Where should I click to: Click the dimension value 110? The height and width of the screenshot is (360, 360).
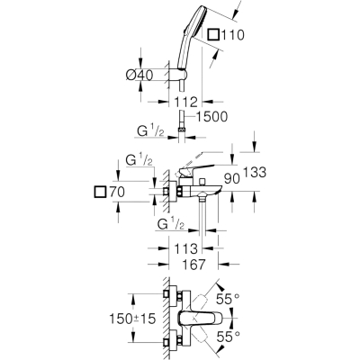pyautogui.click(x=233, y=35)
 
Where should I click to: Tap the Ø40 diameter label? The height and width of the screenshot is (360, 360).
pyautogui.click(x=139, y=75)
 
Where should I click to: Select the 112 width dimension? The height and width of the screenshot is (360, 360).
pyautogui.click(x=185, y=102)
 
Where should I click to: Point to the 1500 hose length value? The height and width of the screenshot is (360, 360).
pyautogui.click(x=211, y=117)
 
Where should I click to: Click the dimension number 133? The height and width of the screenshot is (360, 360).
pyautogui.click(x=255, y=172)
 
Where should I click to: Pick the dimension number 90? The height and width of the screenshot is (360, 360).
pyautogui.click(x=232, y=179)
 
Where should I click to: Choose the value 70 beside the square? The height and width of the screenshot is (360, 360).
pyautogui.click(x=116, y=192)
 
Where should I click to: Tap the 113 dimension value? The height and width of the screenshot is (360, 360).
pyautogui.click(x=185, y=248)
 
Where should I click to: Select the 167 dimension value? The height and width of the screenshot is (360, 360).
pyautogui.click(x=193, y=265)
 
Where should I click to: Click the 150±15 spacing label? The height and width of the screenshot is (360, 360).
pyautogui.click(x=132, y=319)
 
